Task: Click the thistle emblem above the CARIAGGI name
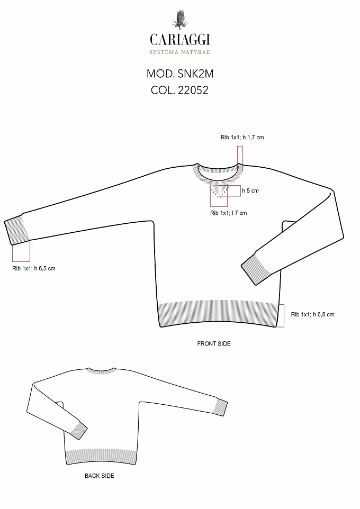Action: (179, 20)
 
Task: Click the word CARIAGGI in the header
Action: (180, 40)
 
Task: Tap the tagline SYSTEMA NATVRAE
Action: (180, 52)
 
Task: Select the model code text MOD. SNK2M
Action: (180, 74)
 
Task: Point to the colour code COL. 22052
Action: (179, 90)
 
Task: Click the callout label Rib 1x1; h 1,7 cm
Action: (242, 138)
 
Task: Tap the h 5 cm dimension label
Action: (250, 190)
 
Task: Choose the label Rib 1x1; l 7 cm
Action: (228, 213)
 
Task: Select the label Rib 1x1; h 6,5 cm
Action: (34, 268)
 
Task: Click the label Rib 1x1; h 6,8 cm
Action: (312, 314)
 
